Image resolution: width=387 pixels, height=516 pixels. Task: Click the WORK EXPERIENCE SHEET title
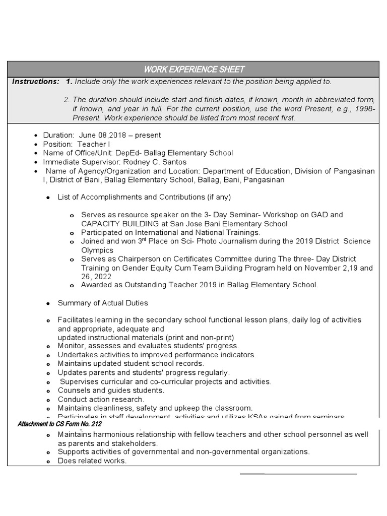[x=194, y=69]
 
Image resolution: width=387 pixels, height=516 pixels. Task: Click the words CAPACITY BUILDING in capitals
[x=114, y=224]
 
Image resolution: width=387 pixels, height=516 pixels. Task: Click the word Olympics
[x=97, y=250]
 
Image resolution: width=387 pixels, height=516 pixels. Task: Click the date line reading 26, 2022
[x=96, y=277]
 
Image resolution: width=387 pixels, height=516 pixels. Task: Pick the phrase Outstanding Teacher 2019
[x=162, y=285]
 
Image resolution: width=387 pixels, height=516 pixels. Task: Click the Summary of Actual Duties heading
[x=103, y=303]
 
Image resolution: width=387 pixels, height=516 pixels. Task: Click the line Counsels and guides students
[x=110, y=390]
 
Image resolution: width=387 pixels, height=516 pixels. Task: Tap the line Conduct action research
[x=101, y=399]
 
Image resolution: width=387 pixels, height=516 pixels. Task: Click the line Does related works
[x=92, y=461]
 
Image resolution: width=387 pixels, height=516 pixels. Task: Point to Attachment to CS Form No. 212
[x=59, y=425]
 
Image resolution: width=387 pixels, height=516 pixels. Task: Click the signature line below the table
[x=298, y=474]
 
